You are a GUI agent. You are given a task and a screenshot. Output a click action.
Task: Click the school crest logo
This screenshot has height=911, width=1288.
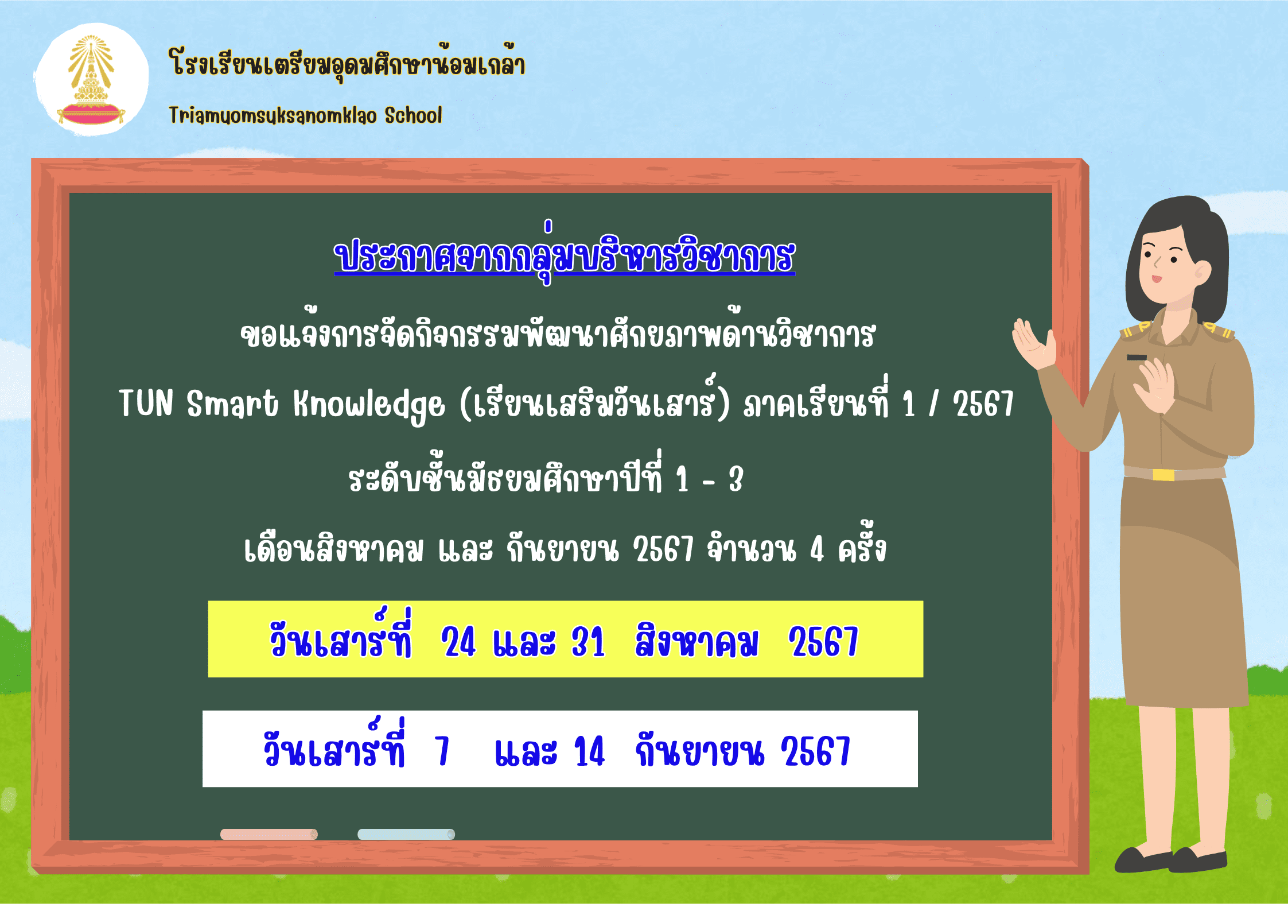pyautogui.click(x=91, y=80)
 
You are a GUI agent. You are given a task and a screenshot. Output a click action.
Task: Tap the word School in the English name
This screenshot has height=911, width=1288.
pyautogui.click(x=413, y=115)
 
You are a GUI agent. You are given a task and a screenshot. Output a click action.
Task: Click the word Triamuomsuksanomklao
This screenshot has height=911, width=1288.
pyautogui.click(x=273, y=116)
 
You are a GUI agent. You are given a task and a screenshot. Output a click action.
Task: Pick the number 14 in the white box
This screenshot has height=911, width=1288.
pyautogui.click(x=589, y=751)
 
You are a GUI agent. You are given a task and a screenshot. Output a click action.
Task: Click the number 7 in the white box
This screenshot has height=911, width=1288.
pyautogui.click(x=442, y=751)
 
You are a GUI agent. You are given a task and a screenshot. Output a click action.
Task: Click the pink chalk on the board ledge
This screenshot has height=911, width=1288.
pyautogui.click(x=269, y=834)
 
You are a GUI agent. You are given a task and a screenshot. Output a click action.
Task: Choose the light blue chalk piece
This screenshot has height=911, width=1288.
pyautogui.click(x=406, y=834)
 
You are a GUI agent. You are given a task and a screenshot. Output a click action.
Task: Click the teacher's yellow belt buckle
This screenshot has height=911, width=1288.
pyautogui.click(x=1164, y=475)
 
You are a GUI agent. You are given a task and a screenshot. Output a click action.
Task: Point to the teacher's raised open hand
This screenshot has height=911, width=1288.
pyautogui.click(x=1034, y=343)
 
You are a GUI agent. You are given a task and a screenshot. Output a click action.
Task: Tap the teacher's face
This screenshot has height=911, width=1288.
pyautogui.click(x=1168, y=264)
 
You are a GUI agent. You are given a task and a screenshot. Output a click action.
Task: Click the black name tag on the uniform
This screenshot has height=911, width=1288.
pyautogui.click(x=1137, y=357)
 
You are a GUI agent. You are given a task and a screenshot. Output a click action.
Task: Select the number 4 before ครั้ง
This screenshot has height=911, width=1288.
pyautogui.click(x=817, y=549)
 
